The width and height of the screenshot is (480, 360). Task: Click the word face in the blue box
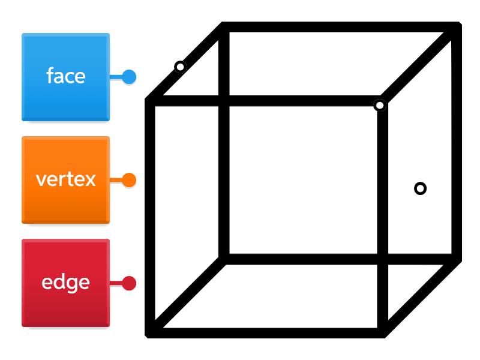tap(65, 76)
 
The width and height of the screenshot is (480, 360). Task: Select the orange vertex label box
tap(65, 180)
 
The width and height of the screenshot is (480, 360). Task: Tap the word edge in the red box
tap(65, 283)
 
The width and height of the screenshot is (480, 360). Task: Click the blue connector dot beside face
tap(129, 77)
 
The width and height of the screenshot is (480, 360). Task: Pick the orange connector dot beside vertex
tap(129, 180)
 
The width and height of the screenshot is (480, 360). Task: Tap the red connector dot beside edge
tap(129, 283)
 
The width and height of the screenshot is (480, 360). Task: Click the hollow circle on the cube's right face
tap(421, 188)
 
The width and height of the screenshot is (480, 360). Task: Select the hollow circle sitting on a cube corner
tap(380, 106)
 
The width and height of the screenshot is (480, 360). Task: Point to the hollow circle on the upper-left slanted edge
tap(180, 66)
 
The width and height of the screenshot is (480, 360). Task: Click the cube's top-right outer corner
tap(457, 27)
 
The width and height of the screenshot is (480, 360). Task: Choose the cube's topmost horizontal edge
tap(339, 27)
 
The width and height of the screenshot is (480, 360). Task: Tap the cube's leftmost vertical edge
tap(151, 216)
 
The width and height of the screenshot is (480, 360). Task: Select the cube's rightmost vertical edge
tap(457, 144)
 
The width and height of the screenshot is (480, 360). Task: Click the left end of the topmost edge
tap(224, 27)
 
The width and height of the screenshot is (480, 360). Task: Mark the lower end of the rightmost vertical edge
tap(457, 259)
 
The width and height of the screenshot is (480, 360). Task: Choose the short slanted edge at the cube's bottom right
tap(420, 296)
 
